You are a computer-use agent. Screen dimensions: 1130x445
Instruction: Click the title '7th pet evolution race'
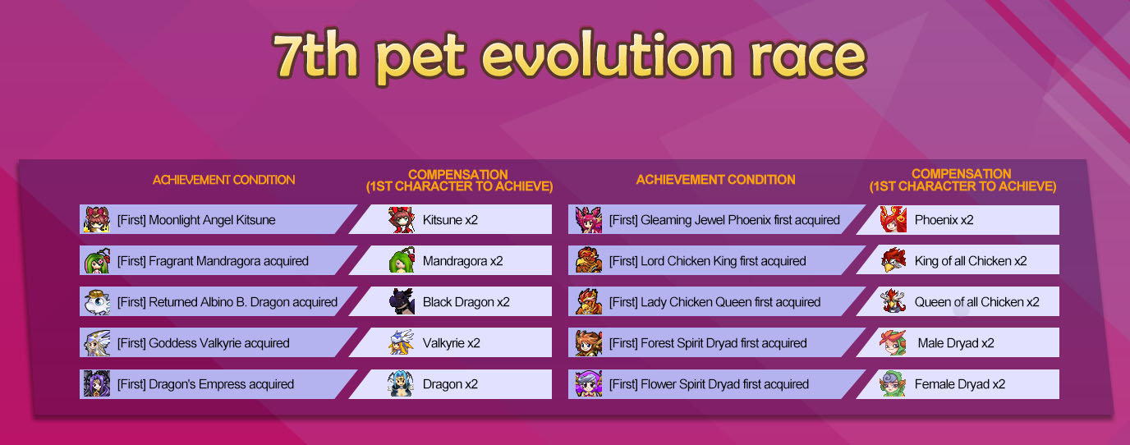pos(569,57)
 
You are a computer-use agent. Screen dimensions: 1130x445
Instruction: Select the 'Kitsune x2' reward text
pos(450,220)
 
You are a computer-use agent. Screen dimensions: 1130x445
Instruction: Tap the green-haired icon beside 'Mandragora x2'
pos(402,260)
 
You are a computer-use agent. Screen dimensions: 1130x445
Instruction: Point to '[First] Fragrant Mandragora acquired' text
pos(213,261)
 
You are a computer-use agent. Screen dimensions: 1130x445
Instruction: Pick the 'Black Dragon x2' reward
pos(466,301)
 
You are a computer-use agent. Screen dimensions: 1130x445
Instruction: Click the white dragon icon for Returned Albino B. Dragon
pos(97,302)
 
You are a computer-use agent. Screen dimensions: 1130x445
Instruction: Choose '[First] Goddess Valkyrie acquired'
pos(204,343)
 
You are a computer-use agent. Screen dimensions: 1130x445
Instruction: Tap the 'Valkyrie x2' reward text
pos(451,343)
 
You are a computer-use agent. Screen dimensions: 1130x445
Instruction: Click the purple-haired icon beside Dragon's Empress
pos(97,383)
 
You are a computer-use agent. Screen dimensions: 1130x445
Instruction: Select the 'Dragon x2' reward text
pos(450,384)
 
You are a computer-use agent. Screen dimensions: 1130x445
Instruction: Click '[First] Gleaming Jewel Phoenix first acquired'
pos(724,220)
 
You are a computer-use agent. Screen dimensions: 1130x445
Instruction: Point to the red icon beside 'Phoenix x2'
pos(893,219)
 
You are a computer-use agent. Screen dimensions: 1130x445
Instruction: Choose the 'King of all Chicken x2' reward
pos(971,261)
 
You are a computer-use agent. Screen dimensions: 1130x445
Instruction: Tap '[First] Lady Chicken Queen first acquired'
pos(714,301)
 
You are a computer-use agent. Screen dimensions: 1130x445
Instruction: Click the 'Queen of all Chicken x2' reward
pos(976,301)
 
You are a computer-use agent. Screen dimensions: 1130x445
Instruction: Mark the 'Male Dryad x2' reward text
pos(956,343)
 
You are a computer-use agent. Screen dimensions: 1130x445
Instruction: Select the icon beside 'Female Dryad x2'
pos(893,383)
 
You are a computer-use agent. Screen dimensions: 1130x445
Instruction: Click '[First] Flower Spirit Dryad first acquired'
pos(709,384)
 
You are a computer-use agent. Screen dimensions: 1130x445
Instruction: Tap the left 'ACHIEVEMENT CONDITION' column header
pos(223,180)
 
